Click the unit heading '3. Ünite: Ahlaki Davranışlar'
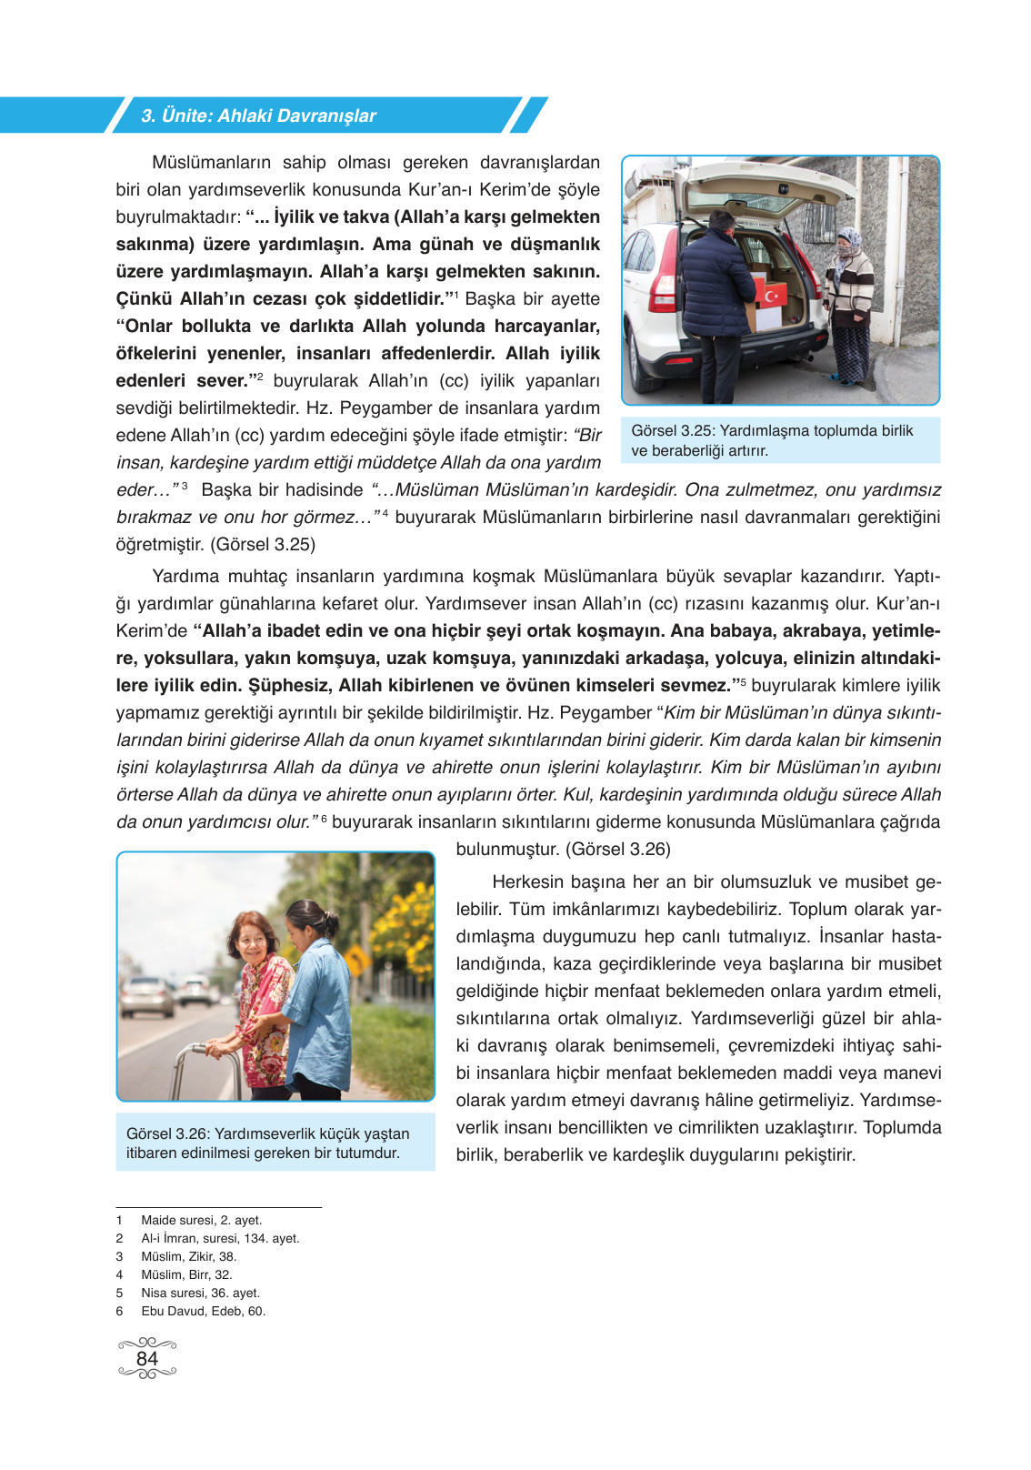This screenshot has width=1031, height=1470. click(258, 116)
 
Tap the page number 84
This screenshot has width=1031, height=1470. click(146, 1358)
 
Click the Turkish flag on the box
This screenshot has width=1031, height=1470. click(771, 296)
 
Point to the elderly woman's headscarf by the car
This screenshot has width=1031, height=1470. click(848, 239)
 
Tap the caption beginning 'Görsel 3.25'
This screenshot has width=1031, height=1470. click(772, 440)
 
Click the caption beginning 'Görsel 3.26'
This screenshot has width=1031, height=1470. click(267, 1143)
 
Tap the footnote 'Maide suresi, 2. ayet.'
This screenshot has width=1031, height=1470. click(201, 1220)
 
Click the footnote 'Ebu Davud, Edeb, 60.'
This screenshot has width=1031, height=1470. click(203, 1311)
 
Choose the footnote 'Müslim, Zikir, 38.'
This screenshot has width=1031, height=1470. click(188, 1256)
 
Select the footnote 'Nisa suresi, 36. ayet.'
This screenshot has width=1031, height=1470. click(200, 1293)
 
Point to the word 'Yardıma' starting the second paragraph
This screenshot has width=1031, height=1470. click(185, 576)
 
